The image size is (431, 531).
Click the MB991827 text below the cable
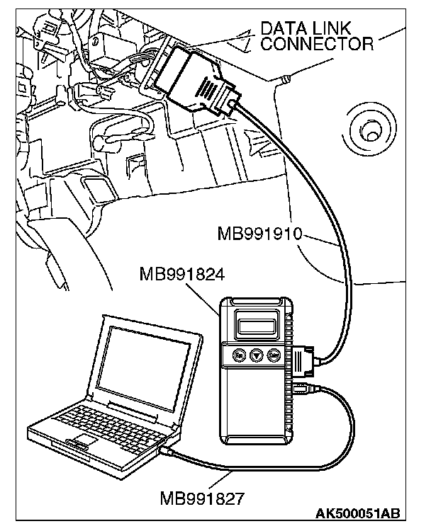click(202, 498)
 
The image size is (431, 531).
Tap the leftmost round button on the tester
click(240, 356)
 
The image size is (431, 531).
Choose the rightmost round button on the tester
click(272, 356)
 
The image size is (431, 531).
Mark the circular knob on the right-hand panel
click(369, 130)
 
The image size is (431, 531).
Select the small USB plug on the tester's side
click(303, 387)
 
